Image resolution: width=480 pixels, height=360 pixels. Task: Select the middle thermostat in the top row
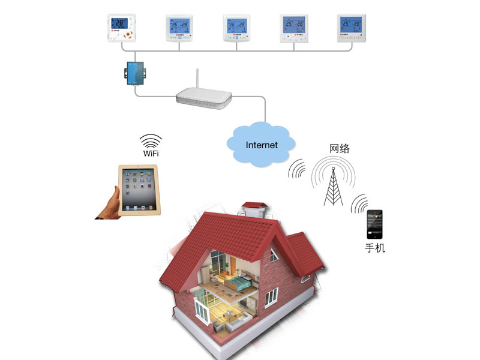point(237,28)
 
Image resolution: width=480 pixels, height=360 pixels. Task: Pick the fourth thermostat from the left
point(294,28)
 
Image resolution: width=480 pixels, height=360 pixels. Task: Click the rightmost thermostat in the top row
point(351,28)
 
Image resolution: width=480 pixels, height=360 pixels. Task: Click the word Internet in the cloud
point(262,145)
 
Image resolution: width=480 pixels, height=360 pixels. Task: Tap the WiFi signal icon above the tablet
point(151,140)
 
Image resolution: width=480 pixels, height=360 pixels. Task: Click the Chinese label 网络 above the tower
point(340,148)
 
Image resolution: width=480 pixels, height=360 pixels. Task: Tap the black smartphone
point(375,224)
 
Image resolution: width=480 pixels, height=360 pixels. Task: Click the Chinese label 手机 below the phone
point(375,247)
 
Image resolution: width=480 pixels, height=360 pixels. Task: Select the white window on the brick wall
point(272,295)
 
